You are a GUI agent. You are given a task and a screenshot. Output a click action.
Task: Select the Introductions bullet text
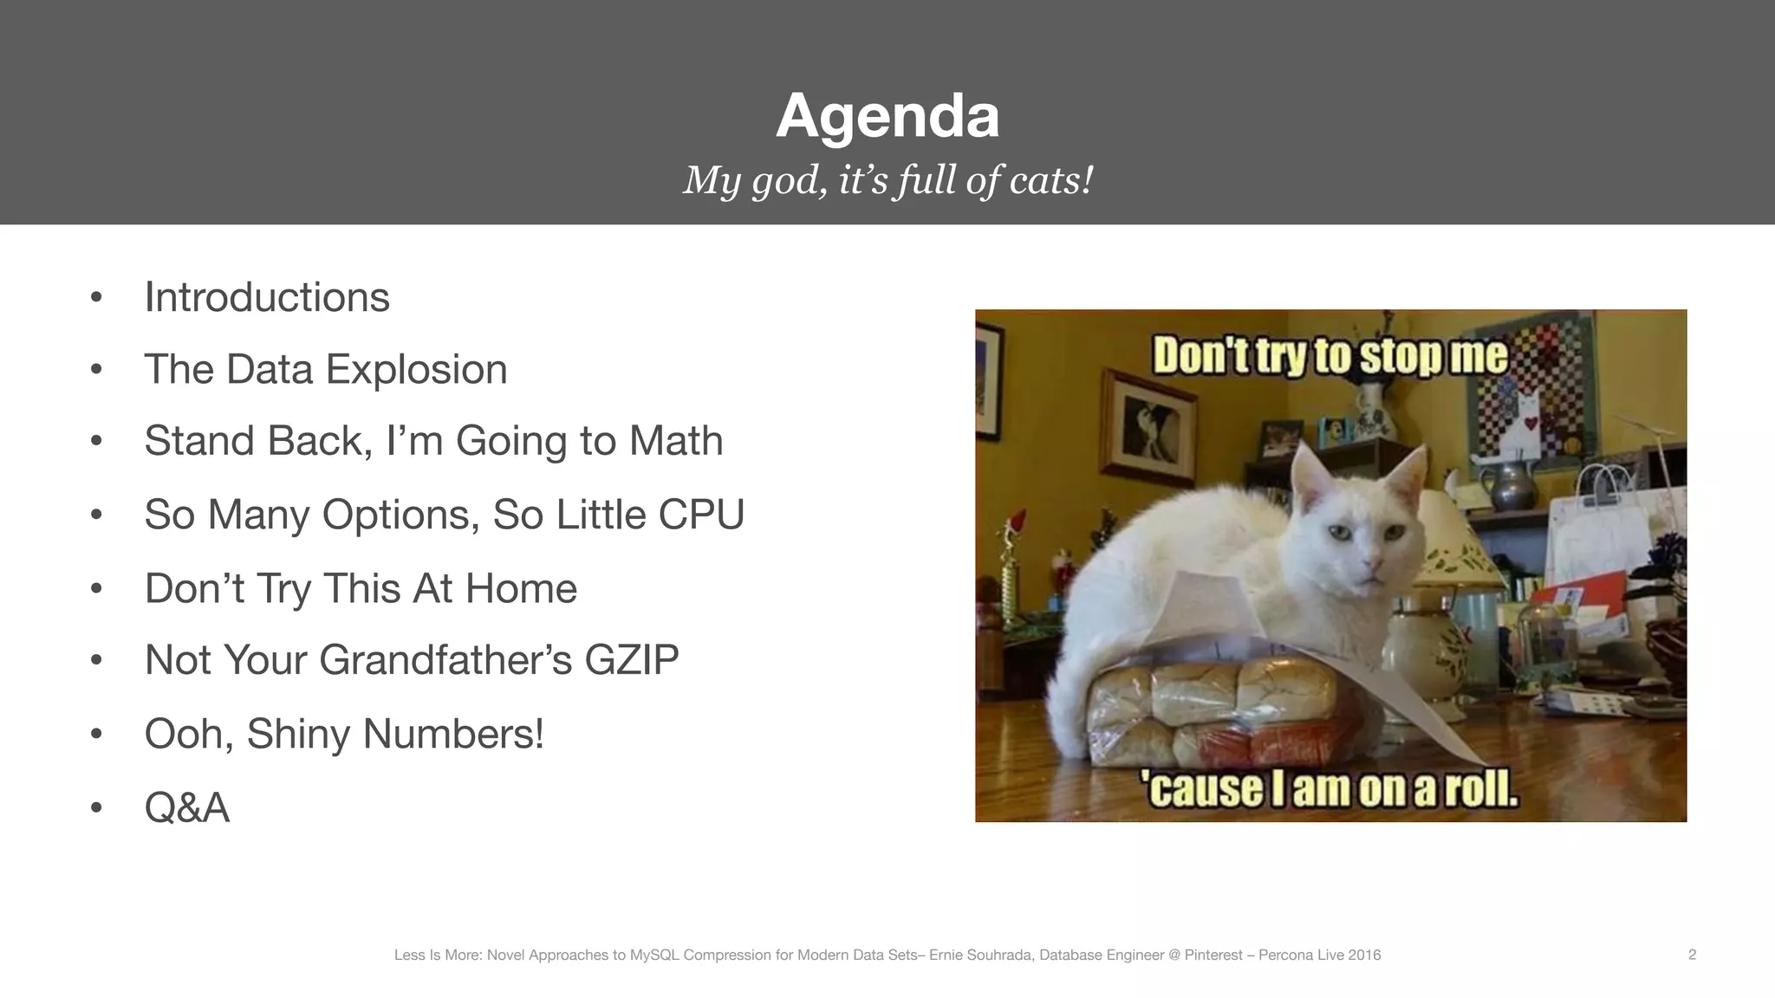pos(267,297)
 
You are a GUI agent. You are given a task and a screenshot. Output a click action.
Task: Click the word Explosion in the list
pos(416,369)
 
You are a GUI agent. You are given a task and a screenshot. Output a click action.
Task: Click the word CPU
pos(701,515)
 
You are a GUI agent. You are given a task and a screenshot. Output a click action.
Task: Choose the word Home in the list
pos(521,588)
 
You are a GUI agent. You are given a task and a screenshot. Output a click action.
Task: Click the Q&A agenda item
pos(186,807)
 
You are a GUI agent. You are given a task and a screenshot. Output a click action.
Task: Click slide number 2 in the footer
pos(1692,955)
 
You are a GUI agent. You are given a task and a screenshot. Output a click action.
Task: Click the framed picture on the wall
pos(1144,422)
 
